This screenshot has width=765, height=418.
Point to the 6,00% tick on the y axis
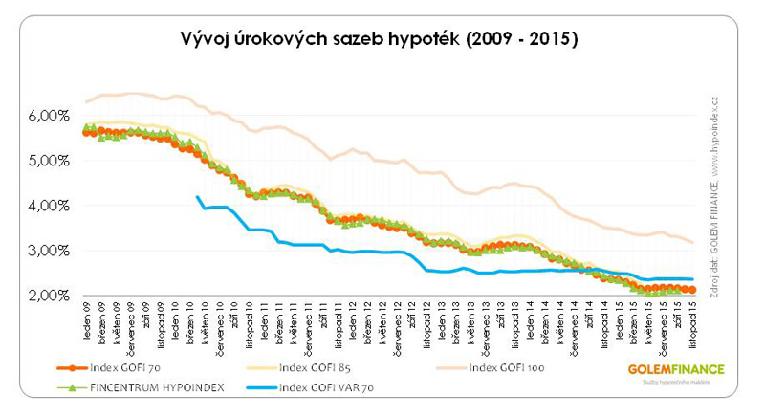pos(42,115)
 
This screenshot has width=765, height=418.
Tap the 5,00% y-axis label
pos(42,161)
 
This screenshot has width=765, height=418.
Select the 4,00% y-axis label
pos(42,206)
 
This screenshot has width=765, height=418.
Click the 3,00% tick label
pos(42,251)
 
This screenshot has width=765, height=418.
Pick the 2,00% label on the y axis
pos(42,296)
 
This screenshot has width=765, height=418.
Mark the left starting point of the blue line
pos(197,197)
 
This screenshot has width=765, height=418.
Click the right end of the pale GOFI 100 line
pos(693,242)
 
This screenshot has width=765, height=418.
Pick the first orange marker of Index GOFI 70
pos(86,133)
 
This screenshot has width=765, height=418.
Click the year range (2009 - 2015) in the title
pos(524,40)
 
